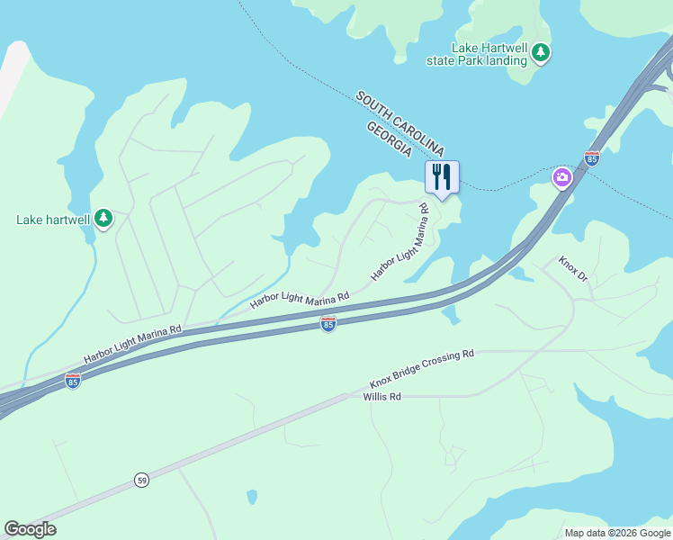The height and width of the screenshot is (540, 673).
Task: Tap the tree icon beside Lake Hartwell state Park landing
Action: [x=541, y=53]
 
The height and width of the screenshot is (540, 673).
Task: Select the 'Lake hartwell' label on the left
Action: [x=53, y=219]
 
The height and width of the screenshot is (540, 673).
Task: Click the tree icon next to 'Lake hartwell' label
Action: [x=104, y=218]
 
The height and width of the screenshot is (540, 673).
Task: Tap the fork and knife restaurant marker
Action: [x=441, y=175]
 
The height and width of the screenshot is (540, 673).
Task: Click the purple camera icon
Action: [x=562, y=177]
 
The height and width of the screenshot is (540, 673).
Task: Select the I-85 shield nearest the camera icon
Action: [x=591, y=158]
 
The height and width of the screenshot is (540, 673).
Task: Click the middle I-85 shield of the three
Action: [x=328, y=323]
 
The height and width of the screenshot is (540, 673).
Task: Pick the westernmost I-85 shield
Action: [x=73, y=382]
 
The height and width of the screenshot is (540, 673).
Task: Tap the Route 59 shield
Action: [x=142, y=481]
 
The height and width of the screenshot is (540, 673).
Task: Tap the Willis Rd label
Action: [x=381, y=397]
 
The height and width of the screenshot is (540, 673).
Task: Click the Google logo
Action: [x=30, y=529]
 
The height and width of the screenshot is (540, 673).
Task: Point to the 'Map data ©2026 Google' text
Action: [x=617, y=533]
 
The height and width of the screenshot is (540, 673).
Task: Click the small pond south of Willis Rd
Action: [x=252, y=497]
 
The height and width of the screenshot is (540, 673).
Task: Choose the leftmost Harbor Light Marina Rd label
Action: [x=132, y=344]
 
